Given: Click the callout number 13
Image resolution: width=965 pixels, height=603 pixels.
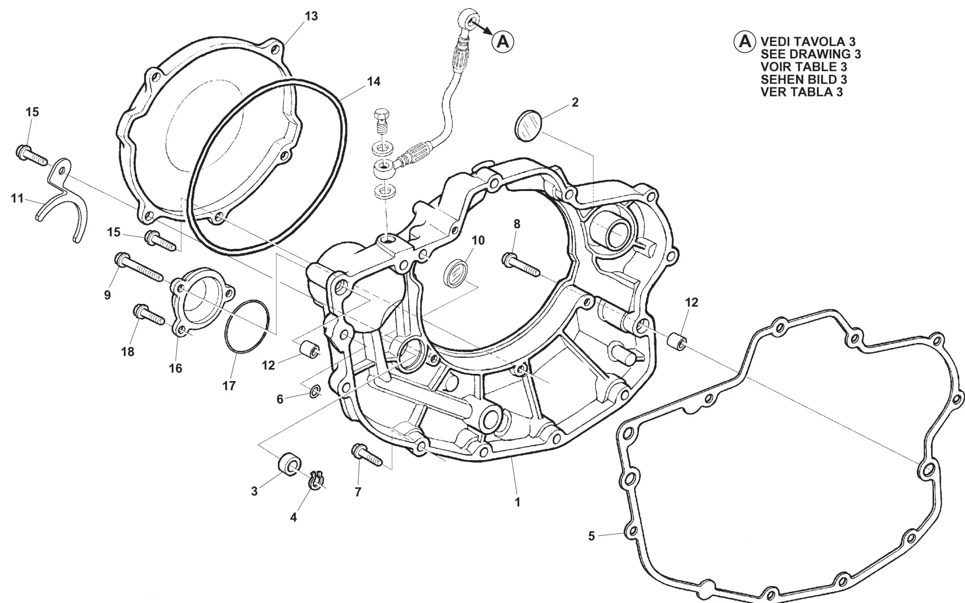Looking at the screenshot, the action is [311, 16].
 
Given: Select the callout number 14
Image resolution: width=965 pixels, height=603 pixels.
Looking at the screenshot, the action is [373, 82].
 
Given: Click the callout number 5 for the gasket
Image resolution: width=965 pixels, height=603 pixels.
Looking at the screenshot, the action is [592, 536].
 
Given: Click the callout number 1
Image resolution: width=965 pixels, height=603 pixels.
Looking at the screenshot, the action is [517, 502].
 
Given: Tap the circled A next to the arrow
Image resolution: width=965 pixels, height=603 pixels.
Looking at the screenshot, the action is [503, 41].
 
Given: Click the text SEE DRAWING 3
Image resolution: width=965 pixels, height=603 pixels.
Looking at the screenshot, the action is [811, 54].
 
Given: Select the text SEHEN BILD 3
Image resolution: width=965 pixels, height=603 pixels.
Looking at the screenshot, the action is [804, 79].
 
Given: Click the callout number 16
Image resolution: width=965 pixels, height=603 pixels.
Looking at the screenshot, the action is [175, 368].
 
